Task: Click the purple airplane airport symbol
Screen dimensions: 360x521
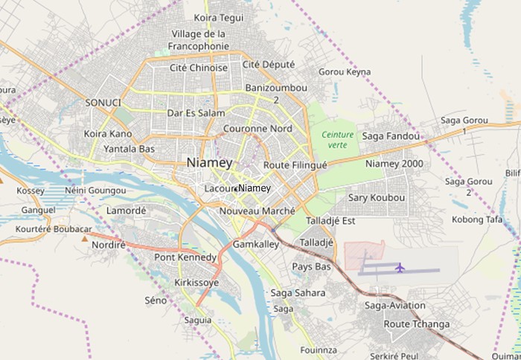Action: [x=400, y=267]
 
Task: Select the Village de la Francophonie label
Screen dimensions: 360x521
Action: [x=198, y=40]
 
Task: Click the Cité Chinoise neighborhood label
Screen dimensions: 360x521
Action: [x=198, y=68]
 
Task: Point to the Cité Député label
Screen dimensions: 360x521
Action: [x=269, y=65]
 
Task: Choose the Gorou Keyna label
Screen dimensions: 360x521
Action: [x=344, y=72]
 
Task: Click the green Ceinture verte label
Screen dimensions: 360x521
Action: [x=337, y=140]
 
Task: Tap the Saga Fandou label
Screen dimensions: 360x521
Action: [x=391, y=136]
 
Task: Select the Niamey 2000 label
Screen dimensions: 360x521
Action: [x=394, y=164]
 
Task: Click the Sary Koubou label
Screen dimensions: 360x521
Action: [x=377, y=198]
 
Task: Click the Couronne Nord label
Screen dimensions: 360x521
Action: [x=258, y=129]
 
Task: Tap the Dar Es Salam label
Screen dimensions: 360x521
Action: [x=196, y=114]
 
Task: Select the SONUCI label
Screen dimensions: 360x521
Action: [x=103, y=102]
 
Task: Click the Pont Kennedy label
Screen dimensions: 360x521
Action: [x=185, y=258]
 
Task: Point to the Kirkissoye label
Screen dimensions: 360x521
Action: [x=196, y=283]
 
